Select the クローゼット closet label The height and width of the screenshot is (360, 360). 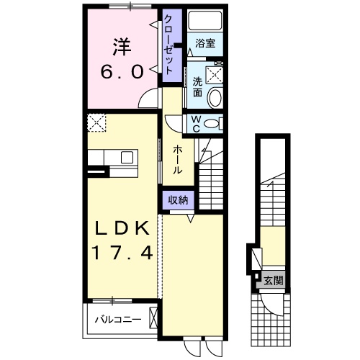[169, 44]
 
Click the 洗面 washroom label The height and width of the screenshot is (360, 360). [197, 86]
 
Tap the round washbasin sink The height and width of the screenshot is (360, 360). [215, 98]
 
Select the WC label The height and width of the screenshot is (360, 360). [194, 123]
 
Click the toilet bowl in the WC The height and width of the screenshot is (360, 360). [210, 124]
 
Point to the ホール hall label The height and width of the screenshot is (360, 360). [177, 158]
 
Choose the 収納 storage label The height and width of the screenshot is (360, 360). [178, 201]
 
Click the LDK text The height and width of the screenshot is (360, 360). [122, 228]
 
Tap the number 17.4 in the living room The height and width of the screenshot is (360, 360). [122, 253]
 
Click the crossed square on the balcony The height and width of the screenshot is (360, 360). [153, 318]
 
